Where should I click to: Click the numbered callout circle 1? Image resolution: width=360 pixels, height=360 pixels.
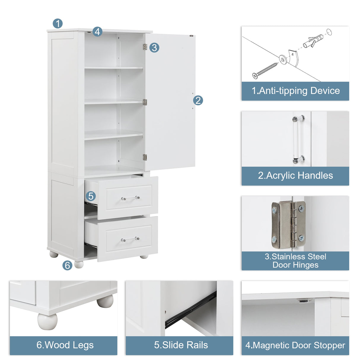(58, 23)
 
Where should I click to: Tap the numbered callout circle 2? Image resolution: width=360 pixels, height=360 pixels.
(198, 100)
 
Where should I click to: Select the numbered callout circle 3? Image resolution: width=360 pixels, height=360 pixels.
(154, 47)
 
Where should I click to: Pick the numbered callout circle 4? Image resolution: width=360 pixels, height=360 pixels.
(98, 31)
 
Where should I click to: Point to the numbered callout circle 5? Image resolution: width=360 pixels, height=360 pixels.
(91, 196)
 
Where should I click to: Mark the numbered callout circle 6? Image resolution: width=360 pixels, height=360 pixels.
(67, 265)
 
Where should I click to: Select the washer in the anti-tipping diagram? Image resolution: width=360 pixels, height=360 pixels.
(283, 60)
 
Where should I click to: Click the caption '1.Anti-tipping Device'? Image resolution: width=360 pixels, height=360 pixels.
(295, 91)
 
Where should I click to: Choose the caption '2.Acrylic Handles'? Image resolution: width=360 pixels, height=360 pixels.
(295, 176)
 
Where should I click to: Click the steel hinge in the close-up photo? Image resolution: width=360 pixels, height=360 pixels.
(288, 224)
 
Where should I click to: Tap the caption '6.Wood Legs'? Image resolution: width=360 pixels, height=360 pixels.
(65, 345)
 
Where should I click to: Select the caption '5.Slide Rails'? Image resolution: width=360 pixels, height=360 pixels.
(181, 345)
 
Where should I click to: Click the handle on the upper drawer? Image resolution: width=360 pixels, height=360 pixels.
(130, 198)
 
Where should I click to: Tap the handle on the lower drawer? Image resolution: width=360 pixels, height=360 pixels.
(130, 239)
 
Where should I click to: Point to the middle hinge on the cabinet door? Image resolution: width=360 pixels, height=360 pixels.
(145, 102)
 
